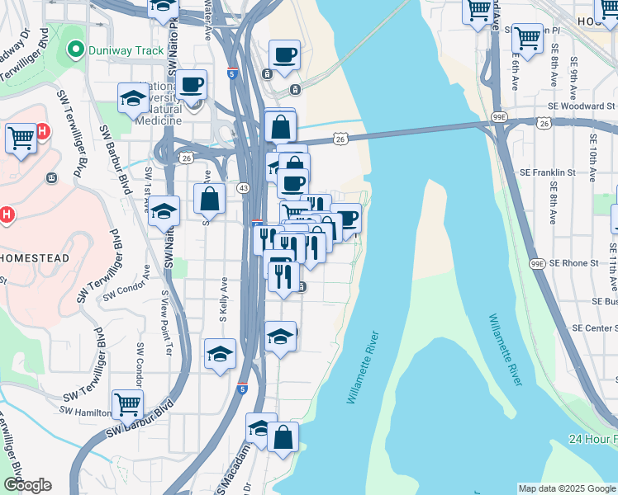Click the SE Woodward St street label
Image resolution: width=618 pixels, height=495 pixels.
click(x=581, y=106)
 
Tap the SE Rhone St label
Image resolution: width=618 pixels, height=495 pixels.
click(x=574, y=263)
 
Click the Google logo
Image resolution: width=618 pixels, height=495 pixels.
click(x=26, y=485)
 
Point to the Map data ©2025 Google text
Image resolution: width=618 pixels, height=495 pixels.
click(x=567, y=488)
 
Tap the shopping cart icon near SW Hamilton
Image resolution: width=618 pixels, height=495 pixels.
click(x=128, y=403)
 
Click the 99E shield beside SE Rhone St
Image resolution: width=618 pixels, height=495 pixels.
click(x=536, y=263)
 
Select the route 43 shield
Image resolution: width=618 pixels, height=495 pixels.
click(x=243, y=189)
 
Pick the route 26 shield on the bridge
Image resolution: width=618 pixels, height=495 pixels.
click(x=340, y=139)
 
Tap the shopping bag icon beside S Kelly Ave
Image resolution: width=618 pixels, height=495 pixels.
click(x=210, y=198)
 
